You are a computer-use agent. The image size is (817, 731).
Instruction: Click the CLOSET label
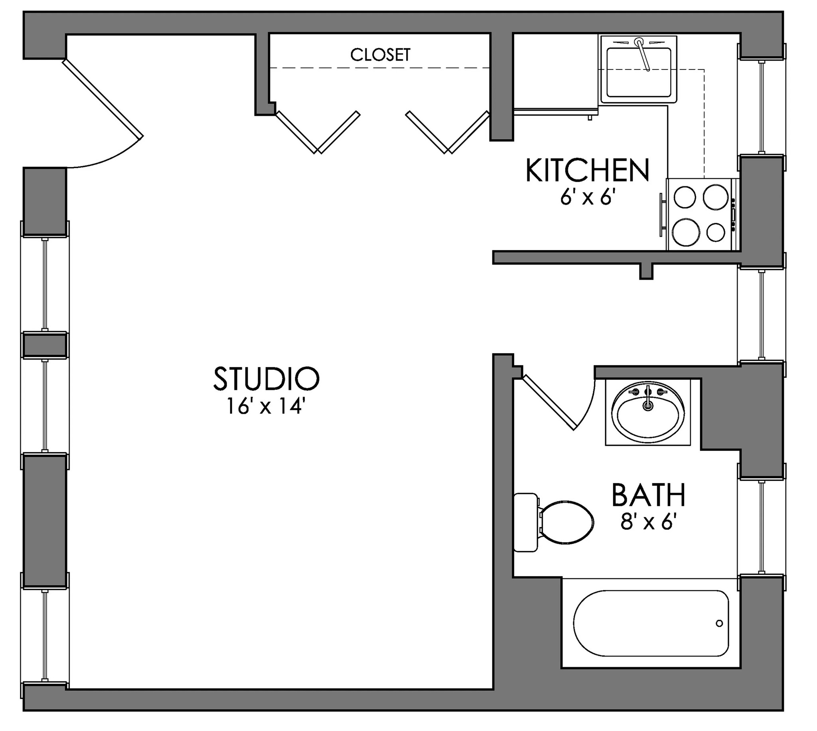pos(380,55)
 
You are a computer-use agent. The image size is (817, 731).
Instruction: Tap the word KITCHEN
pos(587,171)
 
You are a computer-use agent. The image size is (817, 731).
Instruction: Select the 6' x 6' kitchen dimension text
pos(588,198)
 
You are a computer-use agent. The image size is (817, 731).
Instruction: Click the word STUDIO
pos(266,379)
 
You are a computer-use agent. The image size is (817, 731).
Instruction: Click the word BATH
pos(648,496)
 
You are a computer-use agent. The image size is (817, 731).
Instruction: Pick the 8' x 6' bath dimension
pos(646,523)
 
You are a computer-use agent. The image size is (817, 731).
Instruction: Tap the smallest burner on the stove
pos(715,232)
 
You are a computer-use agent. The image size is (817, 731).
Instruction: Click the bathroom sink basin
pos(647,416)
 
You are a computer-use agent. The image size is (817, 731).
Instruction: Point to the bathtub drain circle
pos(719,623)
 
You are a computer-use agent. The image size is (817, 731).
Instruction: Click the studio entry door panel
pos(103,99)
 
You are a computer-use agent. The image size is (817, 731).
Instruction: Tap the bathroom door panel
pos(550,403)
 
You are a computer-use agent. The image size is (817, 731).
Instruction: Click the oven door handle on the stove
pos(661,215)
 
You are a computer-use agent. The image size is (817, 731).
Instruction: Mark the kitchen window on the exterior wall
pos(761,107)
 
